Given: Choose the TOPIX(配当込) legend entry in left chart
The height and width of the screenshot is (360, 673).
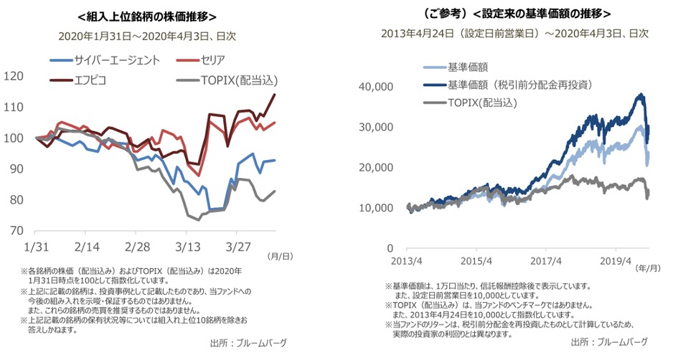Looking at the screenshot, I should click(237, 80).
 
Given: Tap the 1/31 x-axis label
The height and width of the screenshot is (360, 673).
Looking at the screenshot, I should click(37, 246).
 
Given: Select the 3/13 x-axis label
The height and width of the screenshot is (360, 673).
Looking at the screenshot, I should click(188, 246).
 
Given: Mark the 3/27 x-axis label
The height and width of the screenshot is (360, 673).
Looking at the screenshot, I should click(238, 246).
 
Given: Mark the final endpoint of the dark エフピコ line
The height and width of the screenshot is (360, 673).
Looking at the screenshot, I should click(275, 95).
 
